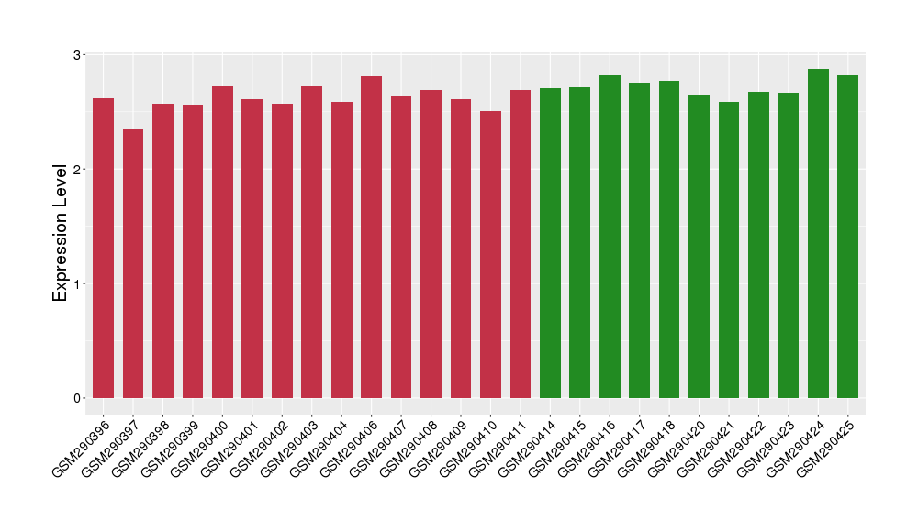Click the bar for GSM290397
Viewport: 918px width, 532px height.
pos(133,264)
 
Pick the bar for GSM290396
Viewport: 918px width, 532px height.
pos(104,248)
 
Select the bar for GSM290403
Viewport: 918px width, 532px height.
pos(312,242)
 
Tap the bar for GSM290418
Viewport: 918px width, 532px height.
pos(669,239)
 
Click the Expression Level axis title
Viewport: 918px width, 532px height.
pos(61,233)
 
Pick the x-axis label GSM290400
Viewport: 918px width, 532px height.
pos(203,447)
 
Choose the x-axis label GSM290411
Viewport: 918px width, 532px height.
pos(500,447)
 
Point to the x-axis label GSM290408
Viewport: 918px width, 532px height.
pos(411,447)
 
